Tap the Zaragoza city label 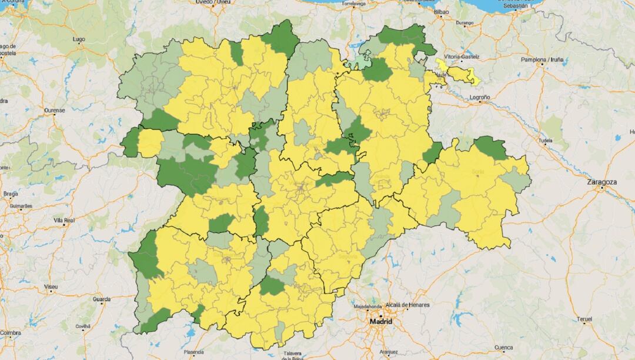pyautogui.click(x=602, y=182)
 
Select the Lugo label pyautogui.click(x=78, y=39)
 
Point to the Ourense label pyautogui.click(x=54, y=110)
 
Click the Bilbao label pyautogui.click(x=441, y=12)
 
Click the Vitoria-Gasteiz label pyautogui.click(x=462, y=57)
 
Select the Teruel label pyautogui.click(x=584, y=319)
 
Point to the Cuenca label pyautogui.click(x=504, y=347)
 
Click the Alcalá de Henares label pyautogui.click(x=408, y=305)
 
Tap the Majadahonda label pyautogui.click(x=368, y=306)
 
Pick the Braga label pyautogui.click(x=11, y=194)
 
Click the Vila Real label pyautogui.click(x=64, y=220)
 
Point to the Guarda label pyautogui.click(x=101, y=299)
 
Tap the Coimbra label pyautogui.click(x=11, y=333)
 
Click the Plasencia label pyautogui.click(x=193, y=352)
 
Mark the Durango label pyautogui.click(x=464, y=23)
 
